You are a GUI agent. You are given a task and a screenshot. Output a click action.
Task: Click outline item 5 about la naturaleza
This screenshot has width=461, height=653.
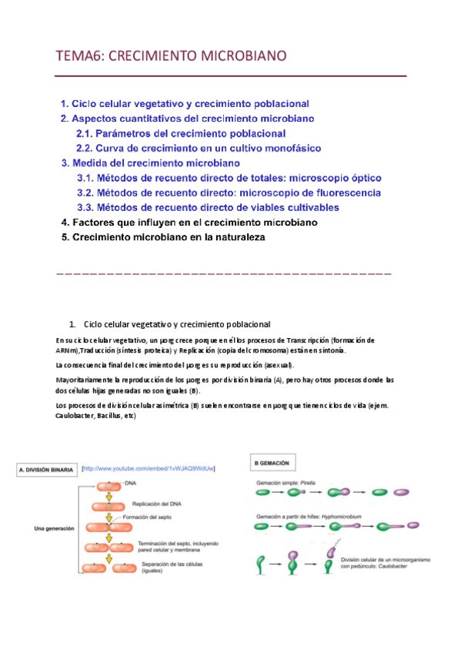(x=162, y=237)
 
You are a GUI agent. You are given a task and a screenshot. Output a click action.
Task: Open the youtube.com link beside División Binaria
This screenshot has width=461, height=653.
(x=148, y=467)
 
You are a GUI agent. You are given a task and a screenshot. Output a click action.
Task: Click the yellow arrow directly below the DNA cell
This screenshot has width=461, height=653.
(x=109, y=496)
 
